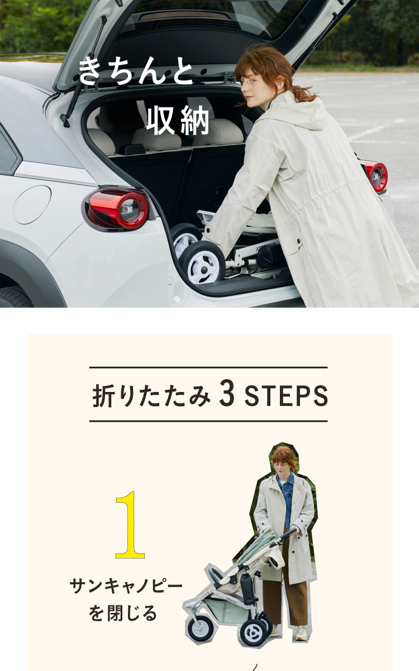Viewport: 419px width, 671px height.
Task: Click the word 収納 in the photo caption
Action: [178, 120]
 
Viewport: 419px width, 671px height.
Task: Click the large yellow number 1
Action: [130, 525]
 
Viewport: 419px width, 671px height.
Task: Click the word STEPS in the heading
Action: [286, 395]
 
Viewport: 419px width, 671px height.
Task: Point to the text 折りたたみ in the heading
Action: [151, 395]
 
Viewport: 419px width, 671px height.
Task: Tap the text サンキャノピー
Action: [126, 586]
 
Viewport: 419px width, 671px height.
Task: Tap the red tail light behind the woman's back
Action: [376, 176]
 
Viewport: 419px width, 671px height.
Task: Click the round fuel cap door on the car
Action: [32, 205]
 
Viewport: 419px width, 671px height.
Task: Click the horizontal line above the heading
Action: [208, 367]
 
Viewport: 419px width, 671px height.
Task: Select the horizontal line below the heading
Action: [208, 421]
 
